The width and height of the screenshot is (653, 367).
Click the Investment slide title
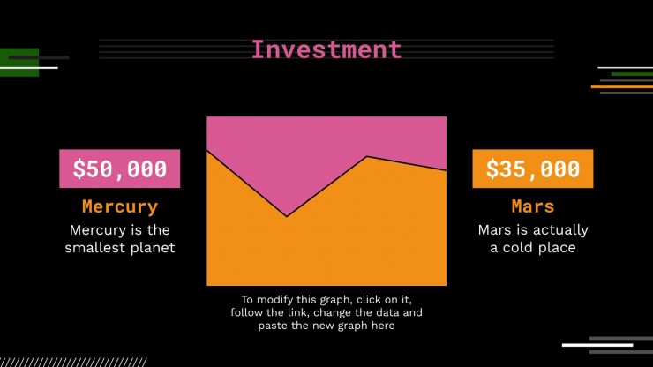(x=326, y=49)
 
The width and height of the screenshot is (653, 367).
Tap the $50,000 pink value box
(x=119, y=169)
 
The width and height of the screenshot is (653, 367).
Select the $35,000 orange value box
(x=533, y=169)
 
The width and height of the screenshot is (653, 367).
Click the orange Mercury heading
(x=120, y=206)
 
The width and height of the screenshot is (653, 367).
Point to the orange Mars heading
(x=533, y=206)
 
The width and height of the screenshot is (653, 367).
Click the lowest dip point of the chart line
(x=287, y=216)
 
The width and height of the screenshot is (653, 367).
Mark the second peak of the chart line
(x=367, y=157)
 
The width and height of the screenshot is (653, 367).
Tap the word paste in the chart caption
(x=273, y=326)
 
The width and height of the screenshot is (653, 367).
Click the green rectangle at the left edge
(x=19, y=62)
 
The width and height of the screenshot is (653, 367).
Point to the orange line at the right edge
(x=622, y=86)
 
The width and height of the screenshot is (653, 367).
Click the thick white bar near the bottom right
(x=597, y=345)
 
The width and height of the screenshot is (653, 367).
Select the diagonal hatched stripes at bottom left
(x=73, y=362)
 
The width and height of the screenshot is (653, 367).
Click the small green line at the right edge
(x=632, y=74)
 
